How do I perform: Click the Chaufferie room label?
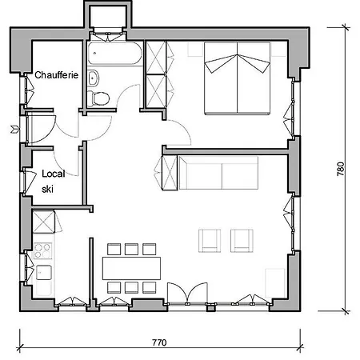57,75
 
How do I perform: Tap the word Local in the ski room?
54,174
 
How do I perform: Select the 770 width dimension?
159,342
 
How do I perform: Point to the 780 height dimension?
341,169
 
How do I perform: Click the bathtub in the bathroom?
115,53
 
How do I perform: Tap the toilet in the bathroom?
98,98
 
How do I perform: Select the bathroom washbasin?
93,78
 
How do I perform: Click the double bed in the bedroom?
238,78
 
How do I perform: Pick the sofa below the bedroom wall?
218,173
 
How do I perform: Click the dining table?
131,268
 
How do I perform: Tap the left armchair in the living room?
210,241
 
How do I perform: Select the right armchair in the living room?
242,241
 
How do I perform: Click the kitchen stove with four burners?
42,251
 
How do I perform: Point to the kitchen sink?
44,272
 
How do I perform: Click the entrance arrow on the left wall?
15,130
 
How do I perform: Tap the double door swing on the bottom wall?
187,293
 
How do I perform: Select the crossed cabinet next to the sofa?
170,173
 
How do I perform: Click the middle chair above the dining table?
131,249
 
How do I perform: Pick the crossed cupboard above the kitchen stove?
43,222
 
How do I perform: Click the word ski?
47,189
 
